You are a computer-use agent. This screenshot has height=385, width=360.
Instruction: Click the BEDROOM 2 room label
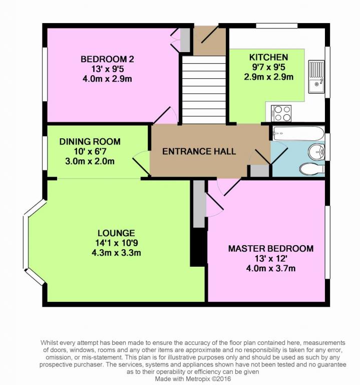(x=107, y=59)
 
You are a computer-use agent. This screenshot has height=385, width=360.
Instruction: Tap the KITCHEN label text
(x=268, y=57)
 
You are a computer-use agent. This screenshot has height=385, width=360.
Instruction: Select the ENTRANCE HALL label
(x=199, y=151)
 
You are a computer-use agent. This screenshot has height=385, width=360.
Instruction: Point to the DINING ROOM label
(x=90, y=141)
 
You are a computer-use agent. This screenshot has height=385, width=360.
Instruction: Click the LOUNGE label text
(x=116, y=233)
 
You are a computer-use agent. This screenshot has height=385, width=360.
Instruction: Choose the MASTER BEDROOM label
(x=271, y=249)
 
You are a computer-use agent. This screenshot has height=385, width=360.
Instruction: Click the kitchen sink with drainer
(x=316, y=77)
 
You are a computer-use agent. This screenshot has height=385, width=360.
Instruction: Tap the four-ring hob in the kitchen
(x=281, y=113)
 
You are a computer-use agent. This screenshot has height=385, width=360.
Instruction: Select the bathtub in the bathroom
(x=298, y=133)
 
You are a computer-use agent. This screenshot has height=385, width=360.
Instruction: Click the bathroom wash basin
(x=316, y=151)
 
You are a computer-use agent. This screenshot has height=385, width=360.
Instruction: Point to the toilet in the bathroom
(x=312, y=169)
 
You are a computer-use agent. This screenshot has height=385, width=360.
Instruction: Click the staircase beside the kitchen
(x=204, y=90)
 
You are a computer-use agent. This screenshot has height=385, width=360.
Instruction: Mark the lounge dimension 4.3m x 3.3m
(x=116, y=253)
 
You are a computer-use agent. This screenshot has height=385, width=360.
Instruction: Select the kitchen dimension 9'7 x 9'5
(x=268, y=67)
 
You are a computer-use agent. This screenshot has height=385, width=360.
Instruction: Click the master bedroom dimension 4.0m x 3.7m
(x=271, y=268)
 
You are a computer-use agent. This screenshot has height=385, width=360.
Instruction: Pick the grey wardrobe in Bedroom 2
(x=185, y=40)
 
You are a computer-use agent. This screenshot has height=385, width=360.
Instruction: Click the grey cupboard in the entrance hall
(x=260, y=171)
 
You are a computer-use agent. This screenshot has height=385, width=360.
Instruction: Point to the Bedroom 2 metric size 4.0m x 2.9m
(x=107, y=79)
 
